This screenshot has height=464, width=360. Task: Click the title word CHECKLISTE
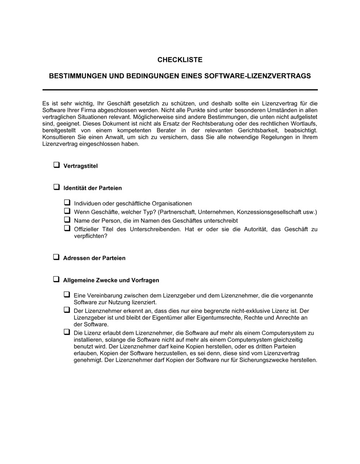pos(180,60)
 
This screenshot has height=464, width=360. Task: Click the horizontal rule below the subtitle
pos(180,90)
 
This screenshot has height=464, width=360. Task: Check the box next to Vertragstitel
pos(57,165)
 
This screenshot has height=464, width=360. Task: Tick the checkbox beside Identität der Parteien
pos(57,187)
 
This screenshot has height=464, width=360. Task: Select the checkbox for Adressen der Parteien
pos(57,257)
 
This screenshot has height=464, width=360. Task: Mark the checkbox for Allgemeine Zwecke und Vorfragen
pos(57,279)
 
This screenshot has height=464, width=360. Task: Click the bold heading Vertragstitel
pos(81,166)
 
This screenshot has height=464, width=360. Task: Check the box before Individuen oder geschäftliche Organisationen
pos(67,203)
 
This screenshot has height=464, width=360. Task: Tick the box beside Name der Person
pos(67,219)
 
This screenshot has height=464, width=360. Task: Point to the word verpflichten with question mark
pos(91,236)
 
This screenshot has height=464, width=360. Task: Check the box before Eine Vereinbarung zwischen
pos(67,295)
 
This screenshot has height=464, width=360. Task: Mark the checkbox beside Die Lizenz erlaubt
pos(67,332)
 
